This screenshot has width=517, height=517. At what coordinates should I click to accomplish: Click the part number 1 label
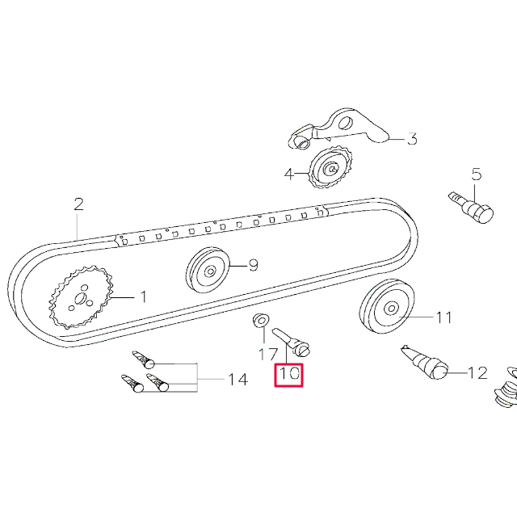143,297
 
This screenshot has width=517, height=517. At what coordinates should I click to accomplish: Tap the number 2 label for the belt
78,204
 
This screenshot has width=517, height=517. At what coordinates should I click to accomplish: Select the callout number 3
411,139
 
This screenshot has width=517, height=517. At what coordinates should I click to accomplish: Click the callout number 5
476,174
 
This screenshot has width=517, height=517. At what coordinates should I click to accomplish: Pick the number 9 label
252,265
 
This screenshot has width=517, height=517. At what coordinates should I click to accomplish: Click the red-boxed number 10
289,375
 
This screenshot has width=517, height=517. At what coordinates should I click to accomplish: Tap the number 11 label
444,317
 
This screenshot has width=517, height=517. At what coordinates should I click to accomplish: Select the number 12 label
477,373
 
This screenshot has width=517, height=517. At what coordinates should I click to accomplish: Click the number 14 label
237,380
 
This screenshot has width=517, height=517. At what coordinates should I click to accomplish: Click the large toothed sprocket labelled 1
80,299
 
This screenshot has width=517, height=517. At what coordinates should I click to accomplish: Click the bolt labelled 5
472,207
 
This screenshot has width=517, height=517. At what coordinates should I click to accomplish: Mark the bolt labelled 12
426,360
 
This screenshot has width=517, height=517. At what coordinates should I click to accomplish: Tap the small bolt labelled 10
292,340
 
